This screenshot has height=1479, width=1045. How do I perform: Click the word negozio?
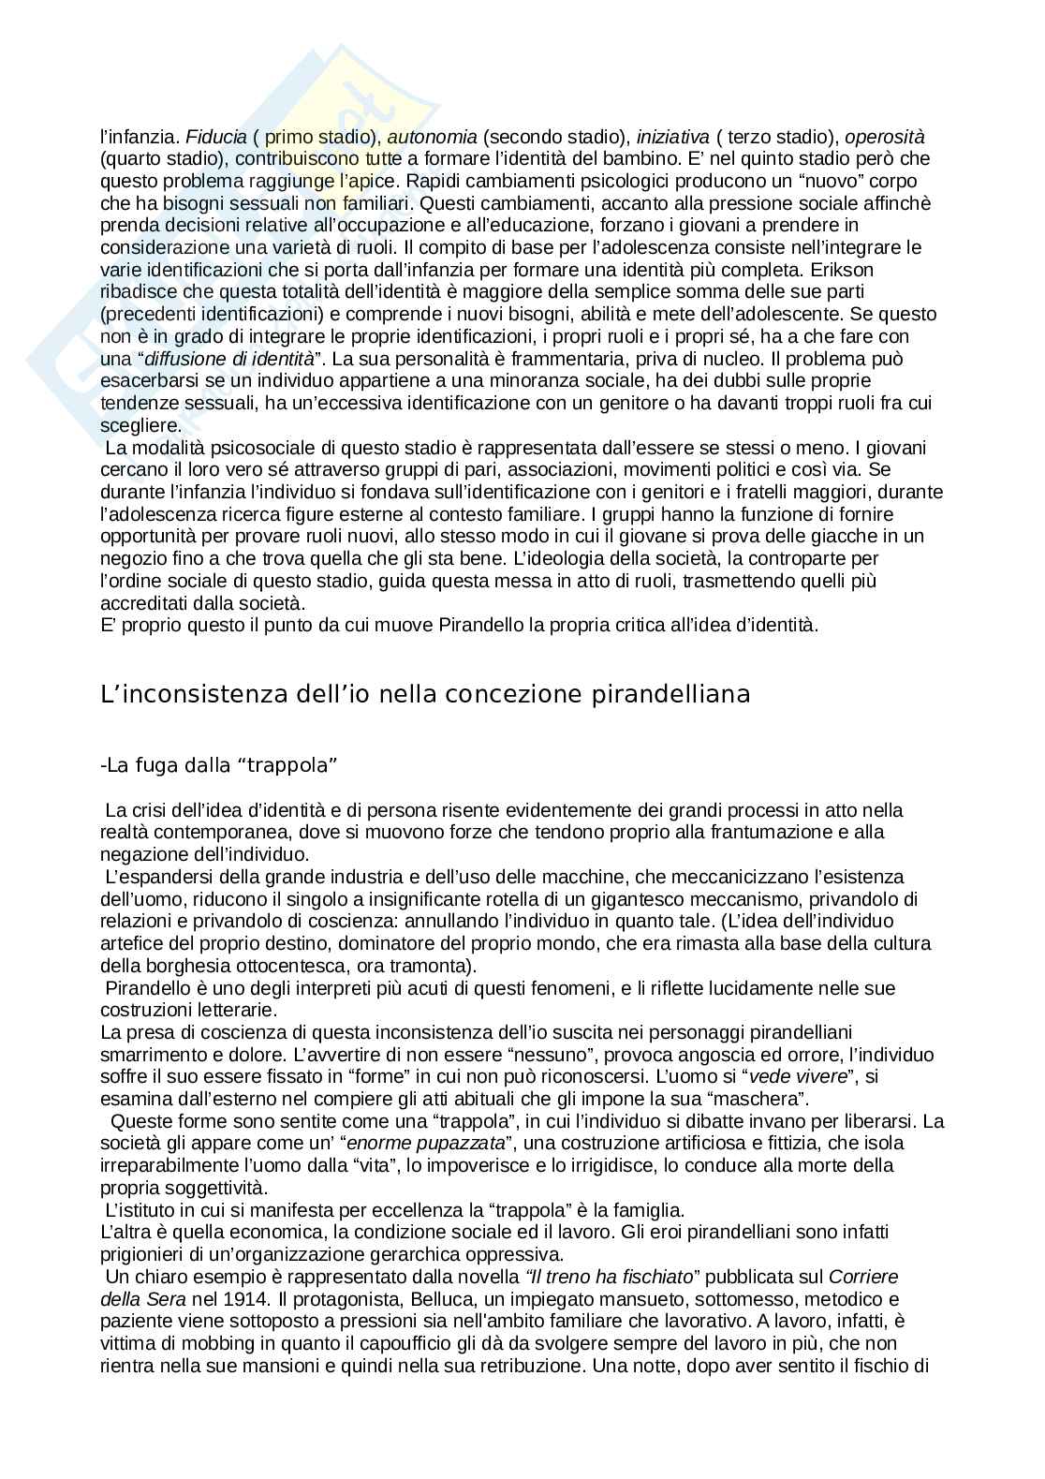point(131,558)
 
